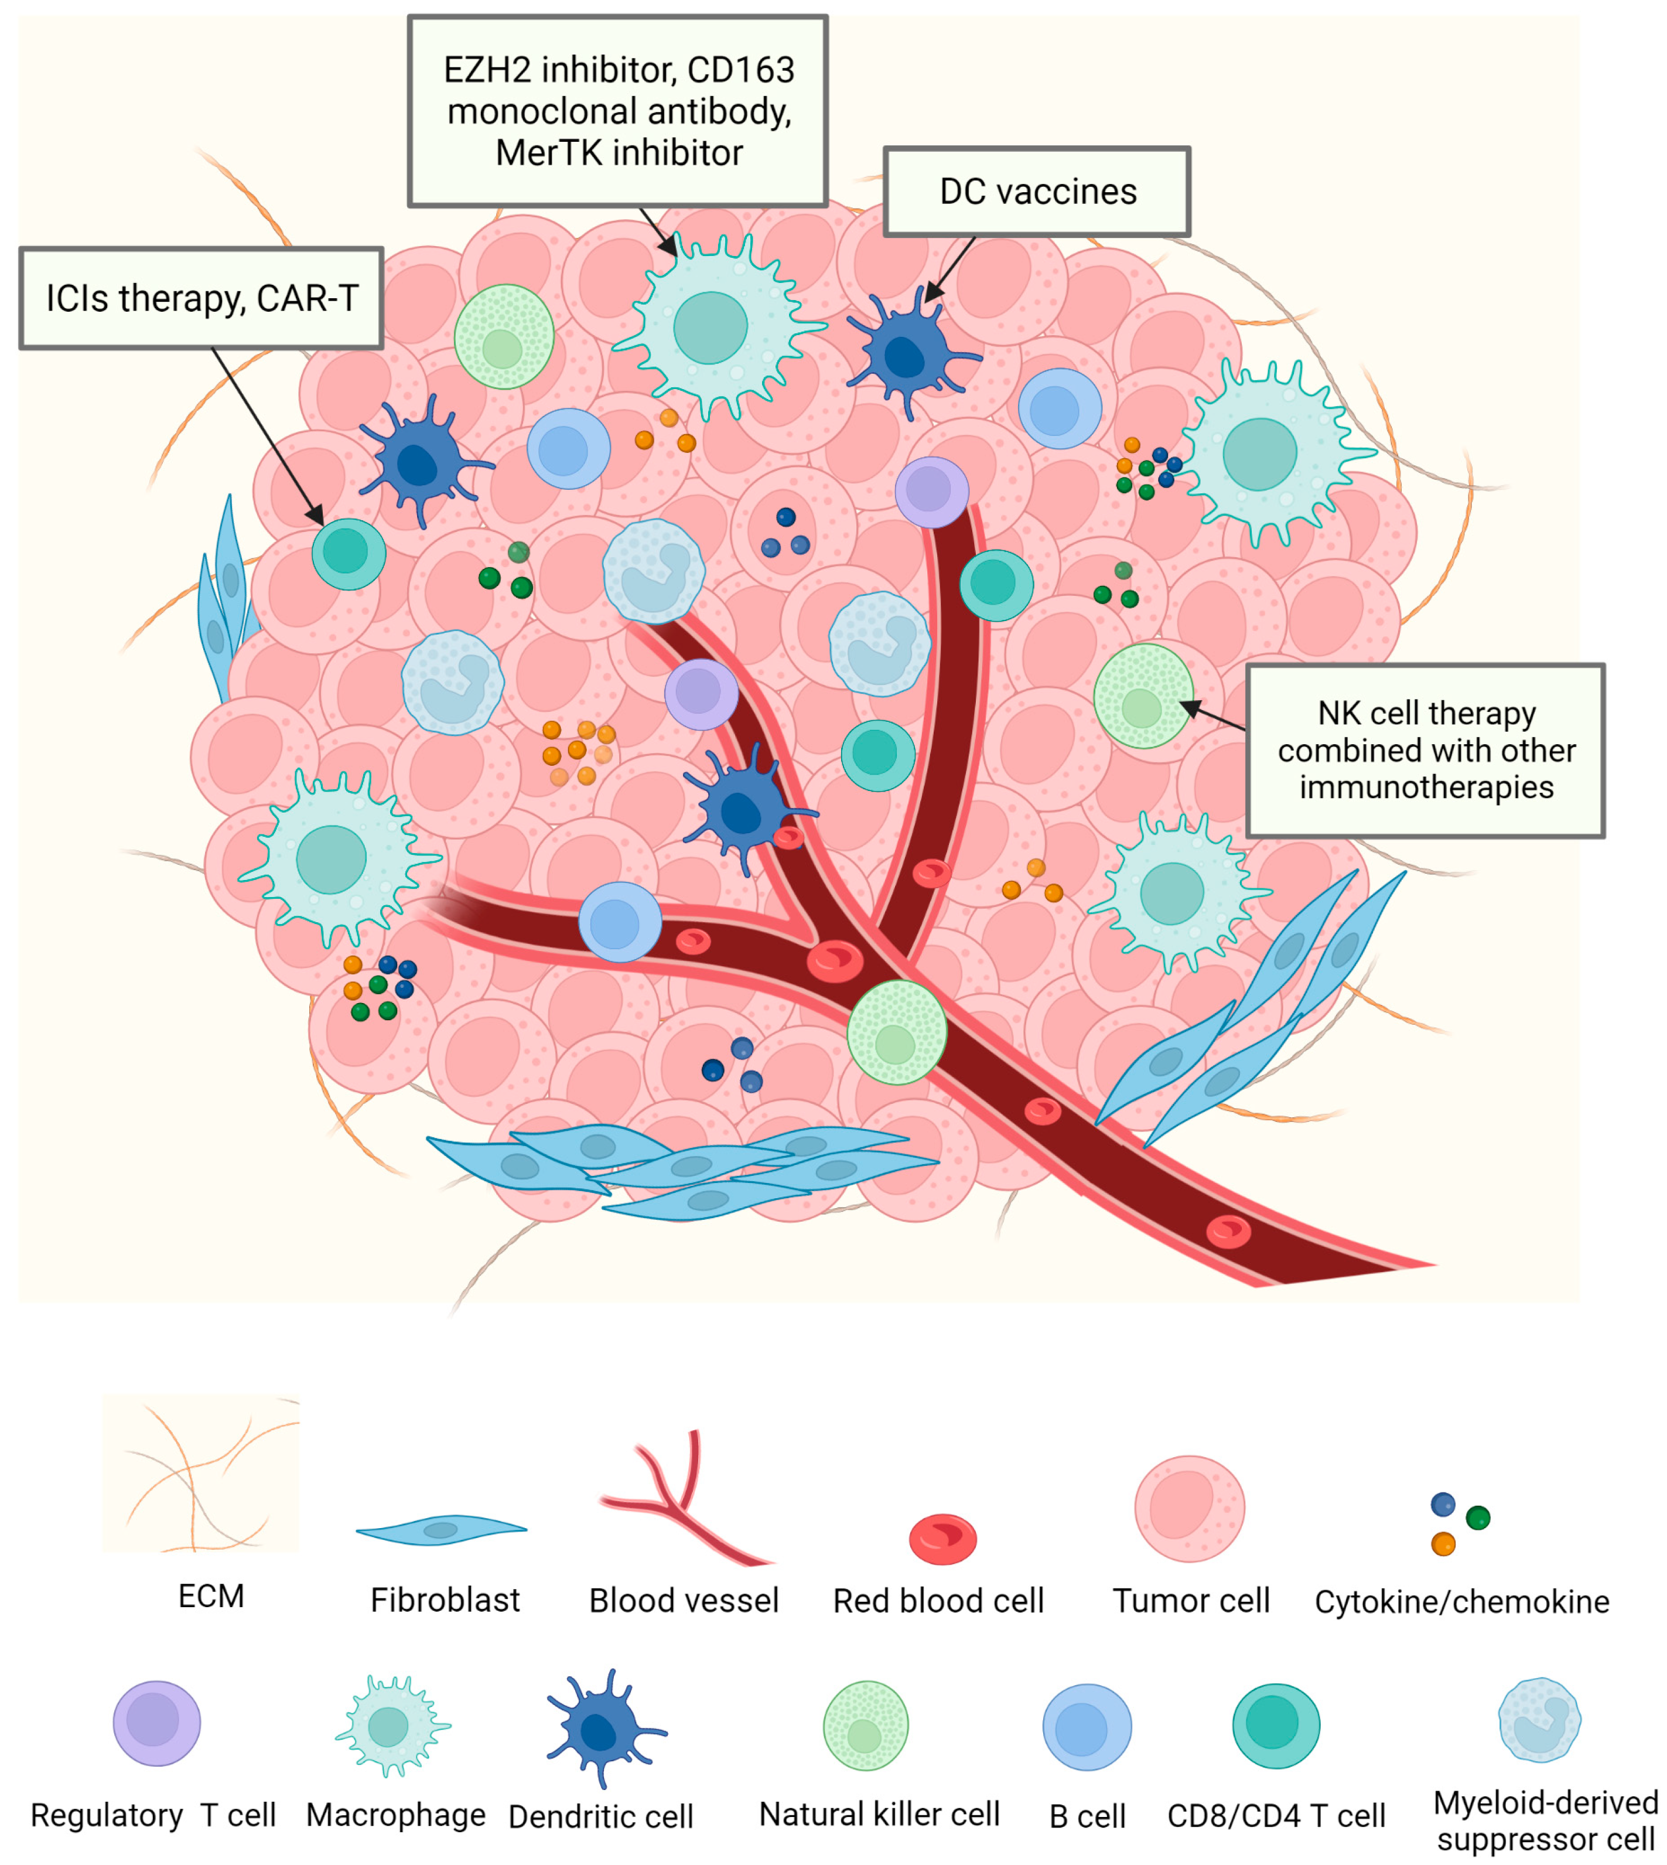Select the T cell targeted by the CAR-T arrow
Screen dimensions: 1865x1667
tap(348, 553)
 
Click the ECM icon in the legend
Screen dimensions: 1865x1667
tap(200, 1474)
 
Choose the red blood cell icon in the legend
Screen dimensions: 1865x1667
tap(942, 1539)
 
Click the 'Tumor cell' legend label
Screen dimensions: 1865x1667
tap(1191, 1600)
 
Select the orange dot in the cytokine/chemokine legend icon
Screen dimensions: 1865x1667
tap(1443, 1544)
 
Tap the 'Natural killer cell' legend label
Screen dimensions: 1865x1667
tap(879, 1813)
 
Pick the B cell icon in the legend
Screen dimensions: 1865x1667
tap(1087, 1727)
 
